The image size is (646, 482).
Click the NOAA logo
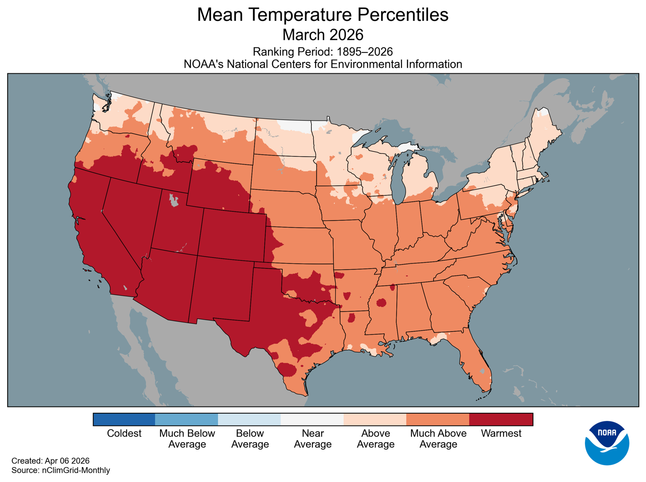point(607,443)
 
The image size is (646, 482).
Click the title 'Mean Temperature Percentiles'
point(323,15)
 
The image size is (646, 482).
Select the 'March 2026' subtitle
point(323,35)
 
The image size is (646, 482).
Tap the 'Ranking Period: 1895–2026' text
point(323,52)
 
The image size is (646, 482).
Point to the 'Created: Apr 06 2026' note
point(50,461)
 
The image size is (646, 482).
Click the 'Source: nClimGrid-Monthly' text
point(61,470)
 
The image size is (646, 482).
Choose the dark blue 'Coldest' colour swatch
point(124,420)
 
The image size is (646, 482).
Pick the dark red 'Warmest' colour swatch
point(501,420)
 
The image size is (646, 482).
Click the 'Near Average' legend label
point(312,439)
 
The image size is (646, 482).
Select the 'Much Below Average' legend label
point(187,439)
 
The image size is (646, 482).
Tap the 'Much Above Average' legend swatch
point(438,420)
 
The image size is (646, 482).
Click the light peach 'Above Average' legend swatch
point(375,420)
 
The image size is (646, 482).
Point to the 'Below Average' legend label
point(250,439)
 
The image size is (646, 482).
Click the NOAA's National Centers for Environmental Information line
point(323,64)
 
